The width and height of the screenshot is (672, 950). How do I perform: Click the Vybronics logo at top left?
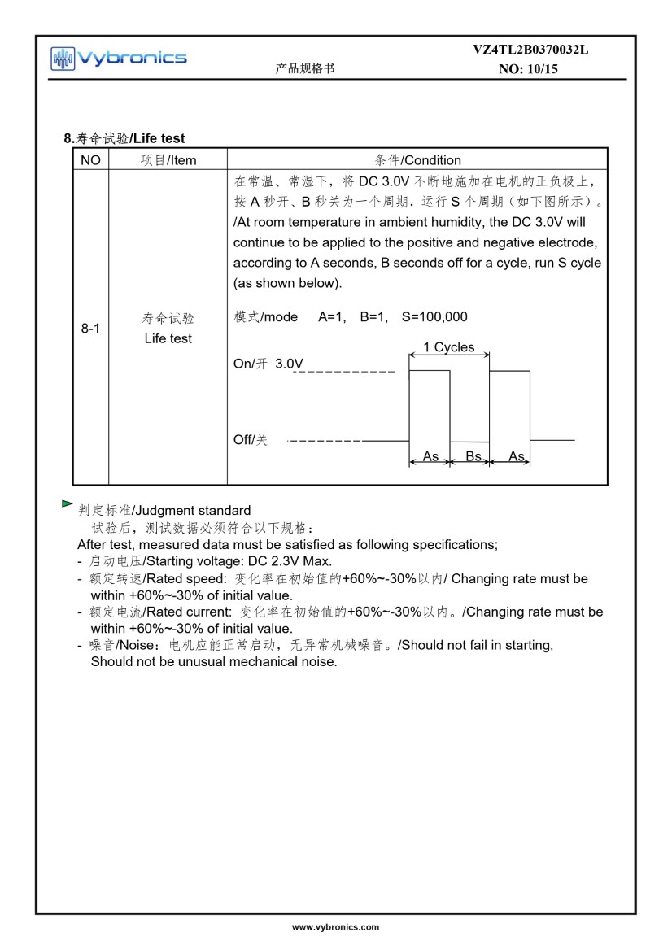click(x=118, y=58)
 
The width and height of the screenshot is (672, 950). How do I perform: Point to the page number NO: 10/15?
click(x=528, y=69)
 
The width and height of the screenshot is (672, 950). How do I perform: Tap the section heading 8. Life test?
click(x=124, y=138)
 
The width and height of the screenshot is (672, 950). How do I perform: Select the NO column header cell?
click(x=91, y=160)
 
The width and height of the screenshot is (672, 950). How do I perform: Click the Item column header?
click(x=168, y=160)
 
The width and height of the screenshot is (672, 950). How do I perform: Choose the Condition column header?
click(x=417, y=160)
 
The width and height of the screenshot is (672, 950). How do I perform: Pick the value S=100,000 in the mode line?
click(x=434, y=316)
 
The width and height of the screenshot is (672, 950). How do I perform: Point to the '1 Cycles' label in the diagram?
click(x=448, y=347)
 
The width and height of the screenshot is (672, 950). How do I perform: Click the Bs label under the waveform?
click(x=473, y=456)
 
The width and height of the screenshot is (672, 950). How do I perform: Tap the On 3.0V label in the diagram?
click(x=268, y=364)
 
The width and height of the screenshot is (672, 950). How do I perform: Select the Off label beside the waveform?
click(x=251, y=440)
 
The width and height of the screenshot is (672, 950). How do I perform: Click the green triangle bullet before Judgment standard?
click(x=67, y=505)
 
